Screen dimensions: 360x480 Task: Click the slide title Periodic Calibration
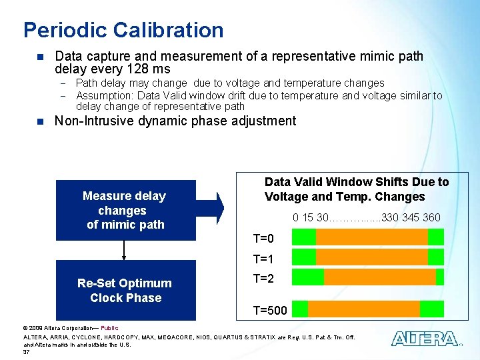pyautogui.click(x=123, y=30)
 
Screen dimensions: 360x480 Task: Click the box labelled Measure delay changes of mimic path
pyautogui.click(x=125, y=210)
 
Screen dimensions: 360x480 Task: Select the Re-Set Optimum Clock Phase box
pyautogui.click(x=125, y=291)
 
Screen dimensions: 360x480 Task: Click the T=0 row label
pyautogui.click(x=263, y=239)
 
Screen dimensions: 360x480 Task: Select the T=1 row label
pyautogui.click(x=263, y=259)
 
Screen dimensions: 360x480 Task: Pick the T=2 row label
pyautogui.click(x=263, y=279)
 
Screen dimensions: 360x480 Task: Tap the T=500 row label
pyautogui.click(x=270, y=309)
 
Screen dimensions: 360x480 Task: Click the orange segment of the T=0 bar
pyautogui.click(x=371, y=237)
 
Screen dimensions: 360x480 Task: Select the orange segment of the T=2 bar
pyautogui.click(x=379, y=277)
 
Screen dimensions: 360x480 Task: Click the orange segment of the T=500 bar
pyautogui.click(x=364, y=309)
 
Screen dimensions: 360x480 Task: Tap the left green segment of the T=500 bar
pyautogui.click(x=300, y=309)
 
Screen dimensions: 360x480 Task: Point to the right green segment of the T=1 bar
pyautogui.click(x=435, y=257)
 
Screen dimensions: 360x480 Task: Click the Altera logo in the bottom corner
pyautogui.click(x=425, y=339)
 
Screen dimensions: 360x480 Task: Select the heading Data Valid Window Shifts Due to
pyautogui.click(x=357, y=182)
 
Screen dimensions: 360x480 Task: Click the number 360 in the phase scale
pyautogui.click(x=431, y=218)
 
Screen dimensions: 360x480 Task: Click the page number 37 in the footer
pyautogui.click(x=27, y=352)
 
